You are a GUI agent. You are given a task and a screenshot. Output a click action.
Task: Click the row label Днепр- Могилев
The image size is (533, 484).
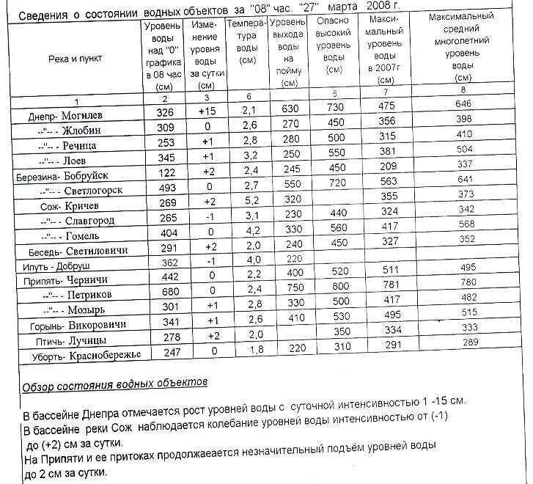pyautogui.click(x=65, y=116)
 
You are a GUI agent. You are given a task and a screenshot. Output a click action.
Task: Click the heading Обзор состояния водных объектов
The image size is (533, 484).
pyautogui.click(x=114, y=383)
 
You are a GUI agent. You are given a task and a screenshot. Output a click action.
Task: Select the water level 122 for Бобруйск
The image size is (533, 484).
pyautogui.click(x=165, y=172)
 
